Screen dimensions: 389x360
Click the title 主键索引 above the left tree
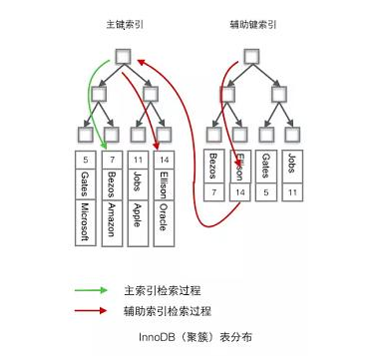[125, 25]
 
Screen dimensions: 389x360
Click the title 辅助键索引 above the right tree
[253, 25]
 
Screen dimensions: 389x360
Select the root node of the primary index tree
[123, 57]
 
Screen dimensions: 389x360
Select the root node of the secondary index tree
[251, 57]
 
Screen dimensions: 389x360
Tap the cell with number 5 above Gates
[86, 160]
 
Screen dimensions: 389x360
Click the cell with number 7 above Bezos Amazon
[112, 160]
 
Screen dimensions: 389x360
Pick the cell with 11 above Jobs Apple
[138, 160]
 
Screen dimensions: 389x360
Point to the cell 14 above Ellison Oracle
[164, 160]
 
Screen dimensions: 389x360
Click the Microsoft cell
[86, 222]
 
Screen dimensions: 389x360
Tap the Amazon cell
[112, 222]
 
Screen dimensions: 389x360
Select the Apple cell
[138, 222]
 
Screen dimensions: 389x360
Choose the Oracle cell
[164, 222]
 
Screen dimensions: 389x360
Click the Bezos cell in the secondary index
[213, 167]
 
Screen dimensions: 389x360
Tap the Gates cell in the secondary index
[266, 167]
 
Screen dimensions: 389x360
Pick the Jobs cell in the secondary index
[292, 167]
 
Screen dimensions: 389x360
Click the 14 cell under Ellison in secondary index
[240, 192]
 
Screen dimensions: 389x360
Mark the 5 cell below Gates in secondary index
[266, 192]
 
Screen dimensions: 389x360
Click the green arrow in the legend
[91, 290]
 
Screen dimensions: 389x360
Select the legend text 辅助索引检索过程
[168, 311]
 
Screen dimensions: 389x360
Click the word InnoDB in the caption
[157, 337]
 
